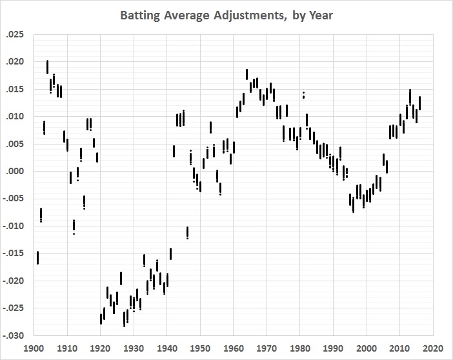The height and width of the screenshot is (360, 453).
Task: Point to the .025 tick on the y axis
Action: pos(14,34)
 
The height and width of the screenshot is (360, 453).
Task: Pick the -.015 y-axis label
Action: pos(12,254)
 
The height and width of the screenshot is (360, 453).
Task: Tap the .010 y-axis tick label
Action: pos(14,117)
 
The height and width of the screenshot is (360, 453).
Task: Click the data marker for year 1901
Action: pos(37,257)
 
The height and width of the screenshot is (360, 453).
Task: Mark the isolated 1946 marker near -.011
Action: pos(187,232)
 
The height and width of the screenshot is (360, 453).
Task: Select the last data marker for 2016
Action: pos(419,103)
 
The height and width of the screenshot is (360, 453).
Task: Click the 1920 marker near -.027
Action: pos(101,318)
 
